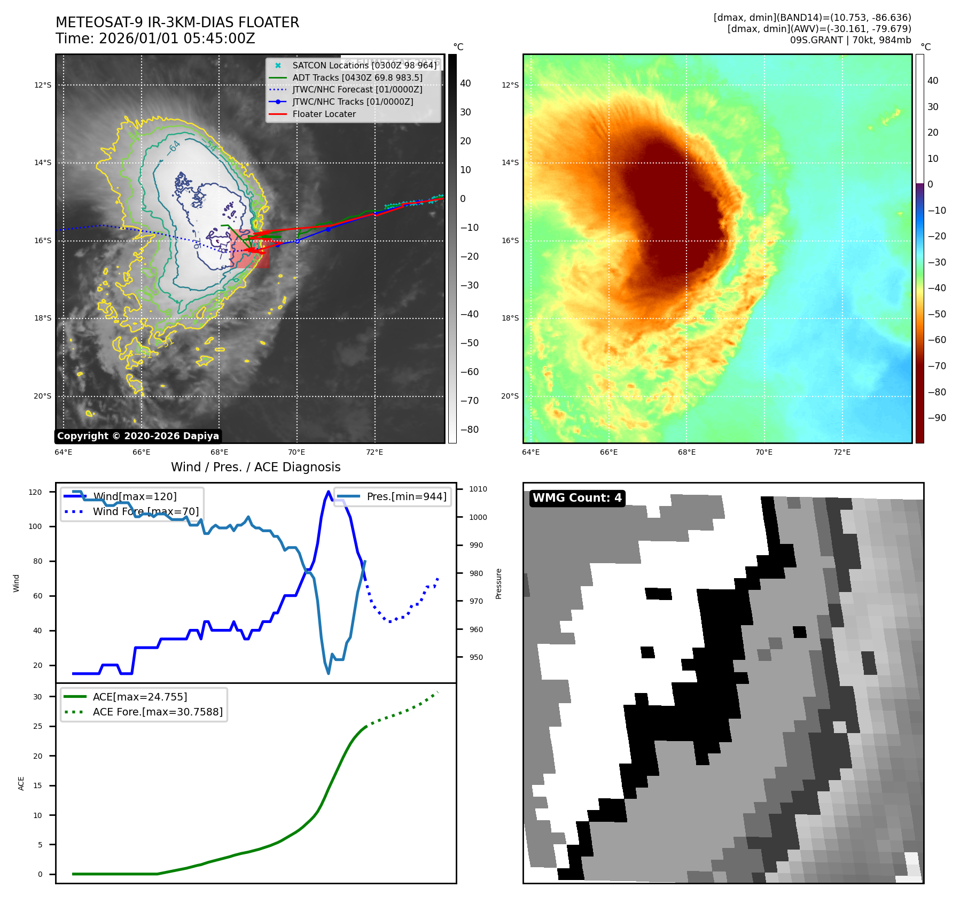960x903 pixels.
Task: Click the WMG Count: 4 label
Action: pyautogui.click(x=577, y=498)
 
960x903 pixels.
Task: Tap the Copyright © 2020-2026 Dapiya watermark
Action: pyautogui.click(x=138, y=436)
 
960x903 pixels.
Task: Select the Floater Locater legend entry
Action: pyautogui.click(x=324, y=114)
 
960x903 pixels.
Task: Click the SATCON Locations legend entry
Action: pyautogui.click(x=364, y=65)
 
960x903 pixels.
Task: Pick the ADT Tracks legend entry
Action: pyautogui.click(x=357, y=77)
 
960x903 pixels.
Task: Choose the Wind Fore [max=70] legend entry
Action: pyautogui.click(x=145, y=511)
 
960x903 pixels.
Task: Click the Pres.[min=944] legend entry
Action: pyautogui.click(x=406, y=496)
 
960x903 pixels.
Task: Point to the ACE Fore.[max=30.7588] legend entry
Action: pyautogui.click(x=158, y=712)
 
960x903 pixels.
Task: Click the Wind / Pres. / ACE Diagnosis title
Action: pyautogui.click(x=255, y=467)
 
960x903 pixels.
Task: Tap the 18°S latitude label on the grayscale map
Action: pyautogui.click(x=43, y=318)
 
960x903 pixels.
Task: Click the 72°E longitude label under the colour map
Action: pyautogui.click(x=841, y=452)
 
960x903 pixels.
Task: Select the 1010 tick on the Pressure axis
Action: pyautogui.click(x=478, y=489)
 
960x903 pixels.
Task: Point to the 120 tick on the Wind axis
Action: pyautogui.click(x=35, y=492)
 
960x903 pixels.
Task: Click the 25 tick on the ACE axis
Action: pyautogui.click(x=37, y=726)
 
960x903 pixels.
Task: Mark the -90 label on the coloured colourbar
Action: pyautogui.click(x=936, y=418)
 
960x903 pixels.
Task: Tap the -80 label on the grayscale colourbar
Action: pyautogui.click(x=470, y=430)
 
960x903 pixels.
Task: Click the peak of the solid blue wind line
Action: pyautogui.click(x=328, y=492)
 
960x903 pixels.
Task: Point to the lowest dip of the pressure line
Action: pyautogui.click(x=329, y=673)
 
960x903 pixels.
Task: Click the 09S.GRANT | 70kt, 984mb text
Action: pyautogui.click(x=850, y=40)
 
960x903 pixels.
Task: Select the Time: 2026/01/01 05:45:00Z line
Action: pyautogui.click(x=155, y=38)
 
